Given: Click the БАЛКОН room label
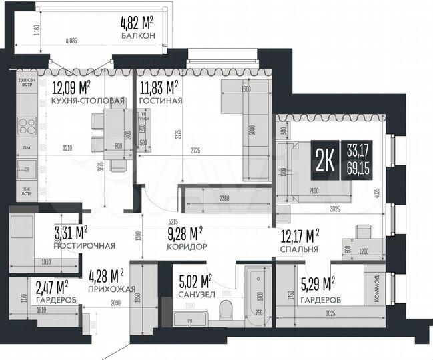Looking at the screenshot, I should [138, 35].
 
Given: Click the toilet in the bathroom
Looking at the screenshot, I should [226, 309].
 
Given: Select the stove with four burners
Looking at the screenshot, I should [28, 126].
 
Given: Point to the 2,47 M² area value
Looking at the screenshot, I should [51, 287].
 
